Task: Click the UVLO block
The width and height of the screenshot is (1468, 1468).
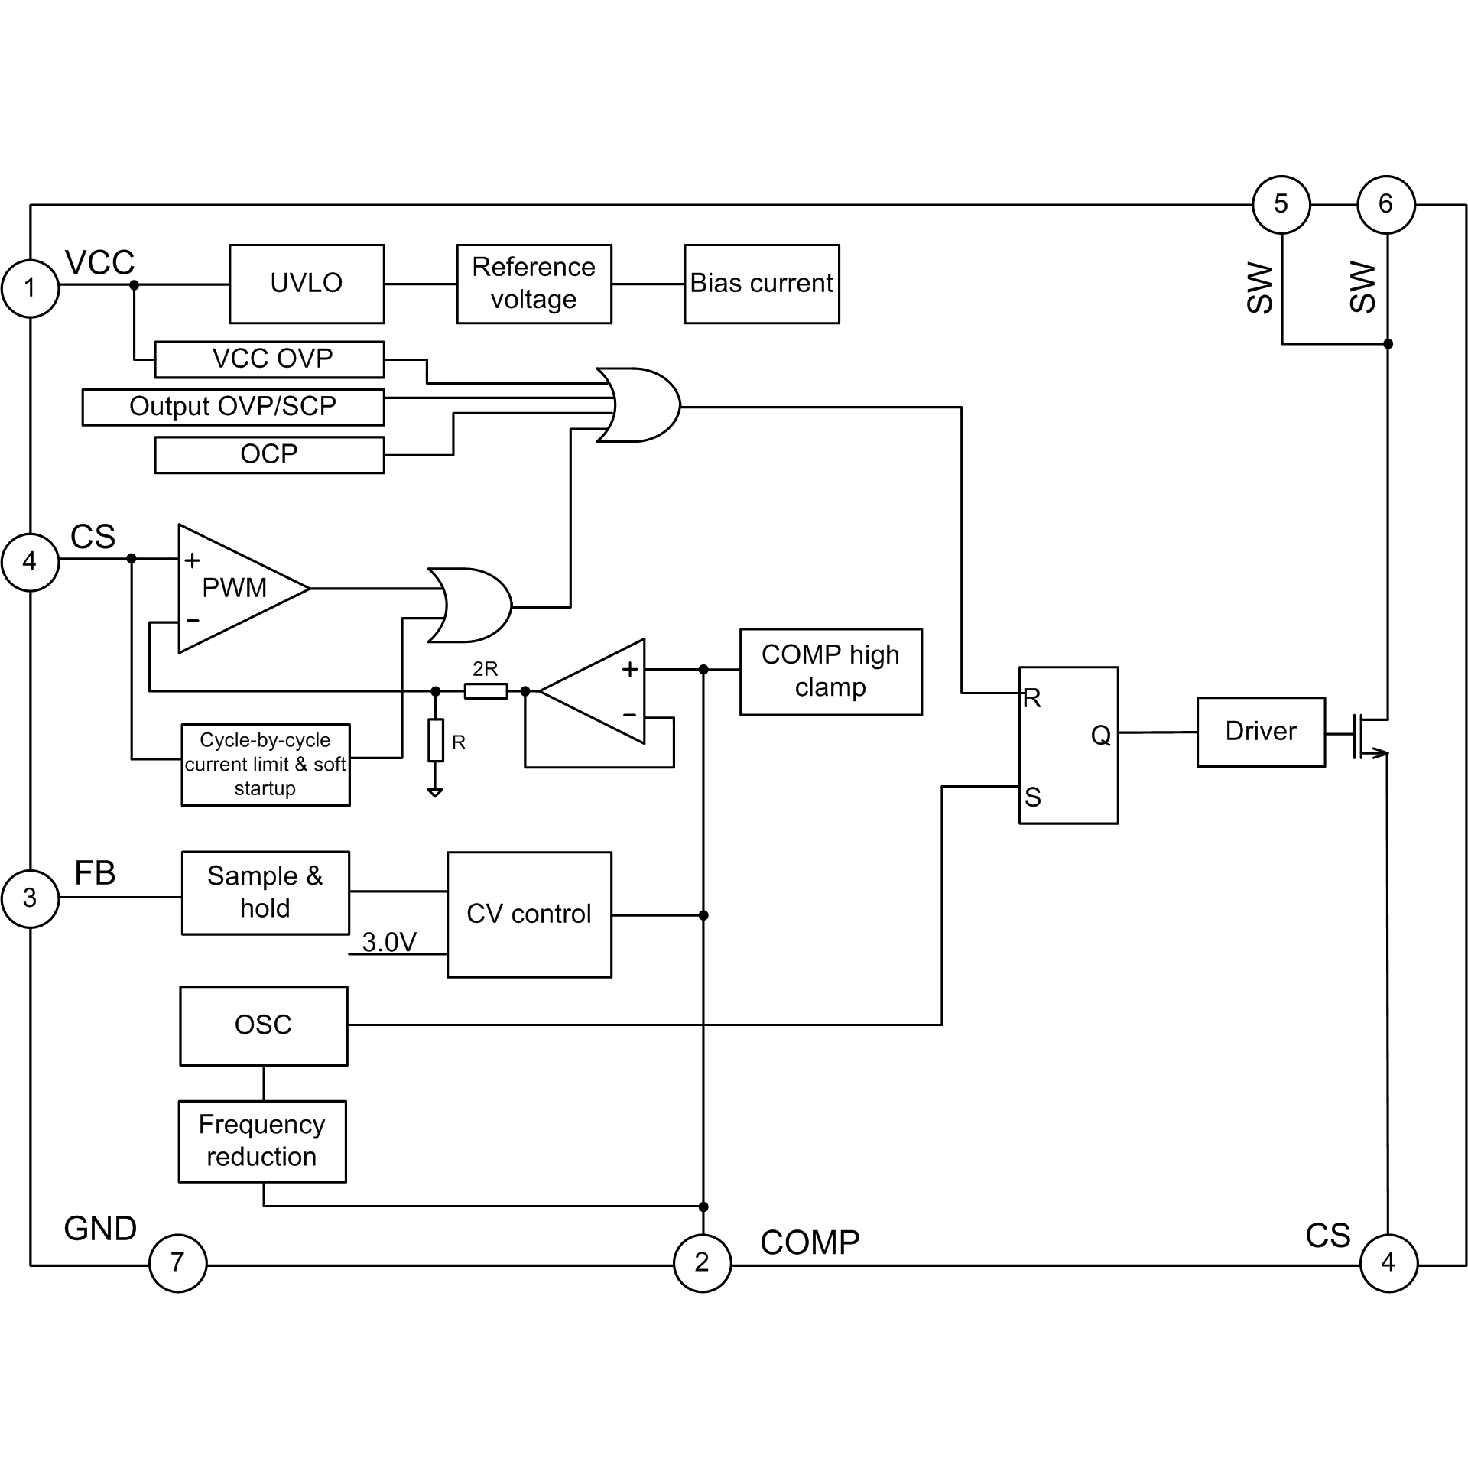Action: coord(307,284)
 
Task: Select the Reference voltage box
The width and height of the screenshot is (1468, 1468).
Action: coord(534,284)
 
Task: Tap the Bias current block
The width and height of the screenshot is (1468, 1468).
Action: coord(762,284)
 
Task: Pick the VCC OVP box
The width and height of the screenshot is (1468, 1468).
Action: coord(269,359)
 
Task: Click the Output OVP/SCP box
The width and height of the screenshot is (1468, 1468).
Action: coord(232,407)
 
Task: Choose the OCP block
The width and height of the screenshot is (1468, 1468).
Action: coord(269,455)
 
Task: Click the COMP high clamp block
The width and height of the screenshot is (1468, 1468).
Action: coord(830,671)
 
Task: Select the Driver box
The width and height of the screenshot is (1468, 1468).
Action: coord(1260,732)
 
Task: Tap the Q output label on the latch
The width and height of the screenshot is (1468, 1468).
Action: coord(1100,735)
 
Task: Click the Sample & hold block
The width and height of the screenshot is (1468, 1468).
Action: coord(265,892)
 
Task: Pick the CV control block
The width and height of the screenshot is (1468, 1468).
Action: coord(529,914)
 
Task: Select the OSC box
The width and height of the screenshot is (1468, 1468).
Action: coord(264,1025)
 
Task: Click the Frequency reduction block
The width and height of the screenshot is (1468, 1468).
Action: coord(262,1141)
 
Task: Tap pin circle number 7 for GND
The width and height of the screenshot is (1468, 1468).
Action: coord(177,1262)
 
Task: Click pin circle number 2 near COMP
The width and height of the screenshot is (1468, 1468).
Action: coord(702,1262)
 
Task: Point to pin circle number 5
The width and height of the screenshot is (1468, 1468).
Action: coord(1281,204)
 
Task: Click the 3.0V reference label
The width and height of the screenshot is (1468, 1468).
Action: coord(389,942)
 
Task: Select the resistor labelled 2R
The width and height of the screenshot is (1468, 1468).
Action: coord(486,691)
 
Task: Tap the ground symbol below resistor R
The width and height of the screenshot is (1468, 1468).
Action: coord(435,792)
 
